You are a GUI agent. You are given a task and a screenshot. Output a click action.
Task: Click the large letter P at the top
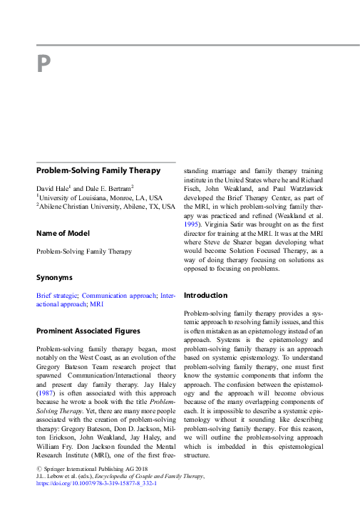[x=43, y=65]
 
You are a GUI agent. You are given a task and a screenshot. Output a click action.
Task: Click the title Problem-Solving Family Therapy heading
[x=98, y=171]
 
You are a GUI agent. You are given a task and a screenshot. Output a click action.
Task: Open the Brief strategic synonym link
[x=57, y=294]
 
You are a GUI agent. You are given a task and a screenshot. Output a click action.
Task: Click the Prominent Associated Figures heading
[x=88, y=331]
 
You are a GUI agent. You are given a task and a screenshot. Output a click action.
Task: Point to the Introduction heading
[x=206, y=295]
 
